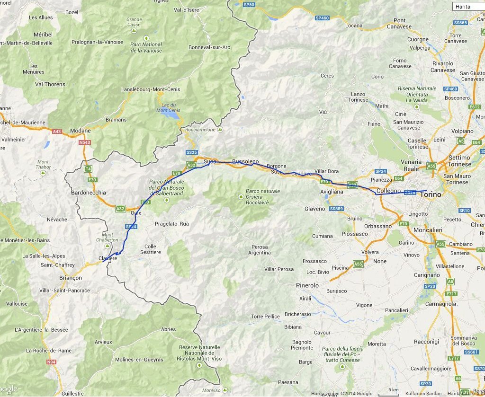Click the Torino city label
(430, 194)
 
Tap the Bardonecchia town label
(88, 193)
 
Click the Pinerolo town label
(307, 285)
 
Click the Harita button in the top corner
(468, 6)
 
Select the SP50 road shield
(249, 5)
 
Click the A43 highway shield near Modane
(57, 131)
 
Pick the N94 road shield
(51, 362)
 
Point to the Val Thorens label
(50, 84)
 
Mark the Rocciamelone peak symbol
(221, 129)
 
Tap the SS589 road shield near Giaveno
(336, 208)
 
